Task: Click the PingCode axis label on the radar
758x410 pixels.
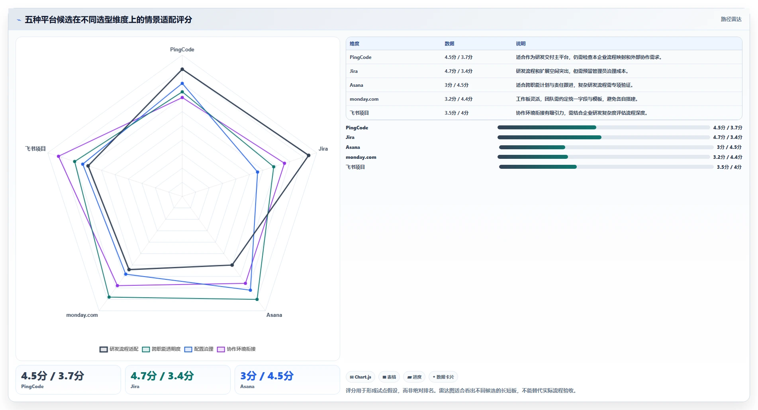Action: click(x=182, y=49)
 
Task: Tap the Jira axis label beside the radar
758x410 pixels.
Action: click(x=323, y=148)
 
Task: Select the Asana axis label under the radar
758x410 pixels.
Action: click(x=274, y=315)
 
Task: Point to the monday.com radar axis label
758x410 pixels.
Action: click(x=82, y=315)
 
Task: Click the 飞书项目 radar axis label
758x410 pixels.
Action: click(x=35, y=148)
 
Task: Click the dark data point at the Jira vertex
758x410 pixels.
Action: click(x=308, y=155)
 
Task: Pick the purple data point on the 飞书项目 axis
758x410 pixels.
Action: click(x=59, y=156)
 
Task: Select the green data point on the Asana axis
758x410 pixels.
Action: click(x=257, y=299)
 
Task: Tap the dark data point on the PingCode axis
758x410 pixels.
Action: click(x=182, y=69)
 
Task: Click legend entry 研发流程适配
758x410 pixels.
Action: click(x=119, y=349)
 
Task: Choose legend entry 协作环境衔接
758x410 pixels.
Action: click(x=236, y=349)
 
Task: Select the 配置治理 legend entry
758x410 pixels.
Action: click(x=199, y=349)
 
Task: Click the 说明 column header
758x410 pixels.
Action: click(x=521, y=44)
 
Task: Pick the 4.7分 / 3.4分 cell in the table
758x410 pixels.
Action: click(x=458, y=71)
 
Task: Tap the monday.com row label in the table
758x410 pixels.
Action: click(x=364, y=99)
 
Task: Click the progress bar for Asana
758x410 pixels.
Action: click(x=606, y=147)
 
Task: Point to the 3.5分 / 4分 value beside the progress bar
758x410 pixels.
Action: click(x=729, y=167)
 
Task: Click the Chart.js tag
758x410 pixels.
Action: click(x=360, y=377)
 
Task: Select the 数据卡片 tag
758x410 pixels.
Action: click(x=443, y=377)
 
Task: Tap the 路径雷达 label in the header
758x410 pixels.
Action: click(x=731, y=19)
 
